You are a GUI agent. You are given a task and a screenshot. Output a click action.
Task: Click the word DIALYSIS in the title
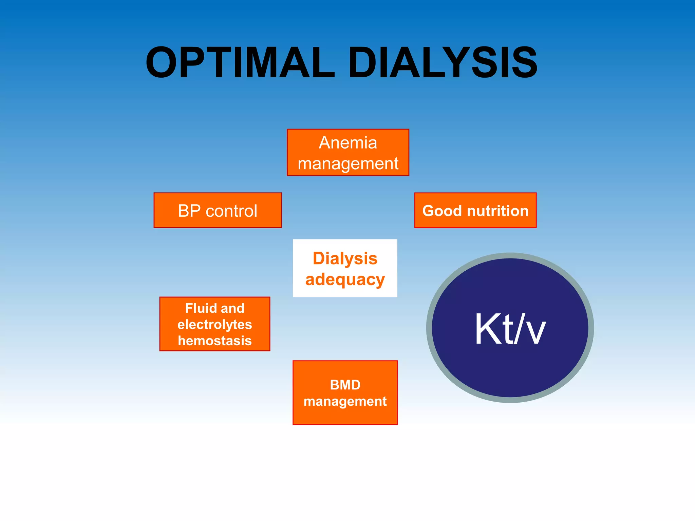[x=443, y=63]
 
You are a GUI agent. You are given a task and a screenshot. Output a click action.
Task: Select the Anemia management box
[x=348, y=153]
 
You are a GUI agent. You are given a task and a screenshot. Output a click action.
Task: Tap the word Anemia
[x=348, y=142]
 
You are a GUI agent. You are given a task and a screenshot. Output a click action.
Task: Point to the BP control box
[x=218, y=210]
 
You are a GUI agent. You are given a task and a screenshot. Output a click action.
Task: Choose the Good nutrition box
[x=475, y=210]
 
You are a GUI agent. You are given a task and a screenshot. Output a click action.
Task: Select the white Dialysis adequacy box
[x=345, y=268]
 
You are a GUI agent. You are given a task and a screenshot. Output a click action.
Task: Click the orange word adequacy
[x=345, y=280]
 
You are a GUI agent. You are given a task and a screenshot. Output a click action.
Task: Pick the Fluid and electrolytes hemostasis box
[x=215, y=324]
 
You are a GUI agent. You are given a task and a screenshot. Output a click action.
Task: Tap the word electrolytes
[x=215, y=325]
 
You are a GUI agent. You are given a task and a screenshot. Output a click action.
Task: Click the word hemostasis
[x=215, y=341]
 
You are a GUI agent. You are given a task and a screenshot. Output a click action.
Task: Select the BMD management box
[x=345, y=392]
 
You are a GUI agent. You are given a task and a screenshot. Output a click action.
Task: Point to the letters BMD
[x=345, y=385]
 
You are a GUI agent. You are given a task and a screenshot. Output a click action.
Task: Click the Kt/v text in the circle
[x=510, y=329]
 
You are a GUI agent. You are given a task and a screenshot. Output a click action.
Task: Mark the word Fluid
[x=200, y=308]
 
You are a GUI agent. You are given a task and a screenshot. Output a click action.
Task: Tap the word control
[x=231, y=211]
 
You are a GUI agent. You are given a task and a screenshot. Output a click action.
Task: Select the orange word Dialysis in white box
[x=345, y=258]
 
